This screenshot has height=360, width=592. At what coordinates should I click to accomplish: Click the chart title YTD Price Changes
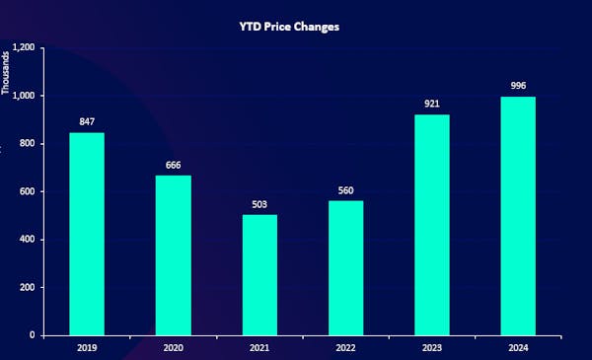296,27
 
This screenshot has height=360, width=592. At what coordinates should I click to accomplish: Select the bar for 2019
87,234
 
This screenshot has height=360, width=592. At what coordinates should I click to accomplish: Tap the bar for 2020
173,255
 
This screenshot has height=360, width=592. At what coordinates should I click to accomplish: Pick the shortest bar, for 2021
259,275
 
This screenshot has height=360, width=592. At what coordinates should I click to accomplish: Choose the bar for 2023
432,225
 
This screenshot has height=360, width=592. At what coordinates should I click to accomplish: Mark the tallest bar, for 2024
518,216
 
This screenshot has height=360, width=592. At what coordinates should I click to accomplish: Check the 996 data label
518,87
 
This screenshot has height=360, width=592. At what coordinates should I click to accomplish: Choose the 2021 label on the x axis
259,347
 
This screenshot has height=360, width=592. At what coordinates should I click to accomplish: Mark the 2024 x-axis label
518,347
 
